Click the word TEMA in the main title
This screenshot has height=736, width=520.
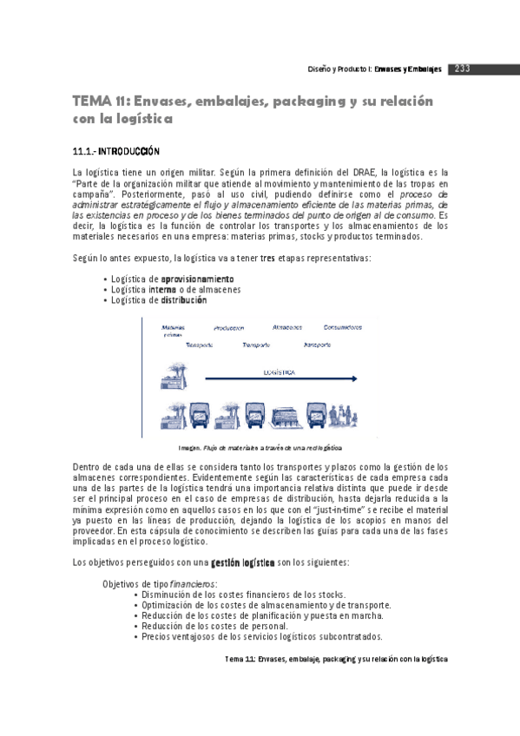click(89, 102)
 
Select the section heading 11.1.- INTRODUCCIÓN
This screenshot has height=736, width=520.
click(115, 151)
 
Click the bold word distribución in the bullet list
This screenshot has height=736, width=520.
click(184, 299)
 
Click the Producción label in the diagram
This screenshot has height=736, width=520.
click(228, 328)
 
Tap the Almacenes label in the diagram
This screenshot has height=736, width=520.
click(286, 327)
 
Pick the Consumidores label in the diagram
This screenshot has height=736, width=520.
click(343, 327)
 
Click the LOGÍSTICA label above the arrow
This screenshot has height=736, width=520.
click(279, 372)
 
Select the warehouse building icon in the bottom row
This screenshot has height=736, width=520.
click(285, 417)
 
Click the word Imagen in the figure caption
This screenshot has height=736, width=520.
click(189, 448)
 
